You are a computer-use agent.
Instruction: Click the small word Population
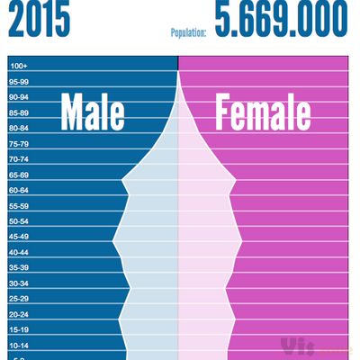tap(189, 33)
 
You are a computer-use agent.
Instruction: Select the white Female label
tap(263, 113)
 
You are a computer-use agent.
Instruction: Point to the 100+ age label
tap(19, 66)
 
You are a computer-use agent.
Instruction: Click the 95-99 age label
tap(19, 81)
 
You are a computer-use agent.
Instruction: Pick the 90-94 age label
tap(19, 97)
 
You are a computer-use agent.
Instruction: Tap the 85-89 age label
tap(19, 112)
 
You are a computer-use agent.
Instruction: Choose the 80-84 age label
tap(19, 128)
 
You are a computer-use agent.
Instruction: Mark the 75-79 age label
tap(19, 144)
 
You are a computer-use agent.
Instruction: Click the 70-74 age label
tap(19, 159)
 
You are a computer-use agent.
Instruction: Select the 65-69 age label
tap(19, 175)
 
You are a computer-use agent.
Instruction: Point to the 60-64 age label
tap(19, 190)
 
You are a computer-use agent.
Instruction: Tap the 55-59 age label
tap(19, 206)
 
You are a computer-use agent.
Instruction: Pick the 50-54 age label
tap(19, 221)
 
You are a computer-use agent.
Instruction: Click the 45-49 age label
tap(19, 237)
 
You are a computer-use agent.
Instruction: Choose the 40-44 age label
tap(19, 253)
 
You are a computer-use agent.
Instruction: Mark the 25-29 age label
tap(19, 299)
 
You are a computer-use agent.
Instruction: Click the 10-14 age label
tap(19, 346)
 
